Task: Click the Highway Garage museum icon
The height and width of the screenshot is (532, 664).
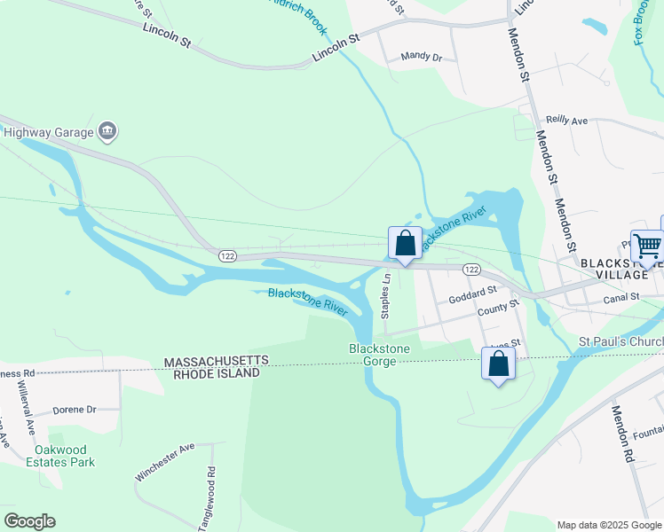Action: tap(107, 132)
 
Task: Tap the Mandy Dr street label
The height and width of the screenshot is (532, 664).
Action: tap(421, 57)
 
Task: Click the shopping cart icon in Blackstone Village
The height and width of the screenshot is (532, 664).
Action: tap(647, 245)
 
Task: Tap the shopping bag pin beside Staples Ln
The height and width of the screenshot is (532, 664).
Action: tap(405, 242)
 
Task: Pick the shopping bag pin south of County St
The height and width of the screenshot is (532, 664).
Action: tap(498, 363)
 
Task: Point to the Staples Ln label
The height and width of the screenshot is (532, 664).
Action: tap(386, 296)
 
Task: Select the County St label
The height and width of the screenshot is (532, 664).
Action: tap(498, 308)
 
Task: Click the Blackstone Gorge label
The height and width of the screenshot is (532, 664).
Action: tap(379, 356)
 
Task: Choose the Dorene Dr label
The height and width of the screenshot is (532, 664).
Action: tap(74, 410)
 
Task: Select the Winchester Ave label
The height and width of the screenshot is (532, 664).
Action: tap(164, 462)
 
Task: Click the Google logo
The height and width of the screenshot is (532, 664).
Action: tap(29, 521)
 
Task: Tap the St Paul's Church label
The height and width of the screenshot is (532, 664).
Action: tap(621, 341)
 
